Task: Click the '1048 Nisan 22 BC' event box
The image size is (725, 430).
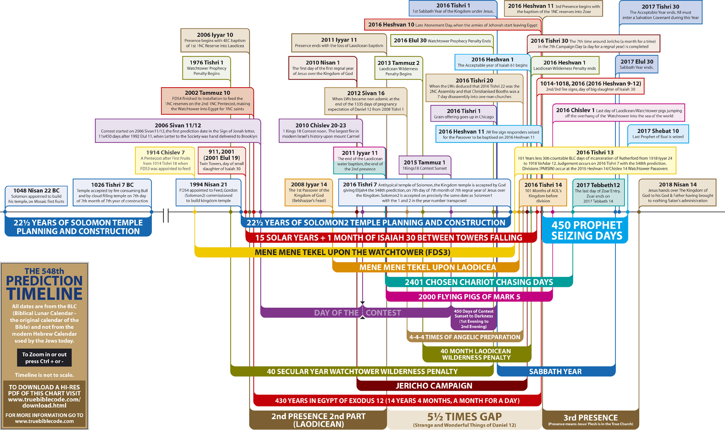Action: (x=36, y=196)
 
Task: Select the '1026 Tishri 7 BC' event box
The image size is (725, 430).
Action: (x=112, y=193)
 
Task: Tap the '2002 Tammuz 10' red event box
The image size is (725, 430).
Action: (x=207, y=101)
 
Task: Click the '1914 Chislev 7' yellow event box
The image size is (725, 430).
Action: (x=165, y=160)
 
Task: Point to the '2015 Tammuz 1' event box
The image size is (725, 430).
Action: (x=425, y=165)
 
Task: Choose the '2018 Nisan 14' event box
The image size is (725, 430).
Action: (x=677, y=193)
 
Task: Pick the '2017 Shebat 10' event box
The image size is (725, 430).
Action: (x=658, y=134)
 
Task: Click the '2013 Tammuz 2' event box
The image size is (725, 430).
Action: (x=398, y=68)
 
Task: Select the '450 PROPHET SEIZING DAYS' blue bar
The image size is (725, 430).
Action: (x=586, y=231)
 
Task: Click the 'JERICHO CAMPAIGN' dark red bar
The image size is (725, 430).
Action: (x=434, y=386)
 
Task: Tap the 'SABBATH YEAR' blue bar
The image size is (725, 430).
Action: (x=555, y=371)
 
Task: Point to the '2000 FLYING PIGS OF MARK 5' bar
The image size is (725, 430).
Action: (x=469, y=297)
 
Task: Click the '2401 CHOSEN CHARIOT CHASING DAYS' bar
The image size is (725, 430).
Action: (x=478, y=282)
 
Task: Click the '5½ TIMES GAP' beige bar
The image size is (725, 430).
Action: (x=464, y=419)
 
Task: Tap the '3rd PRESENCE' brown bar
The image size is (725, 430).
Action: (x=591, y=419)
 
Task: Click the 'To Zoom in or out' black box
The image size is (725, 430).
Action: (x=44, y=358)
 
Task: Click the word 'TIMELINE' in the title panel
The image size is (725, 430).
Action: (x=44, y=294)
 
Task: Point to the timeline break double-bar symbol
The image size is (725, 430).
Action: (x=166, y=216)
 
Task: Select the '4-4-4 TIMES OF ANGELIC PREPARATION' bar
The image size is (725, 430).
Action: (x=464, y=337)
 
